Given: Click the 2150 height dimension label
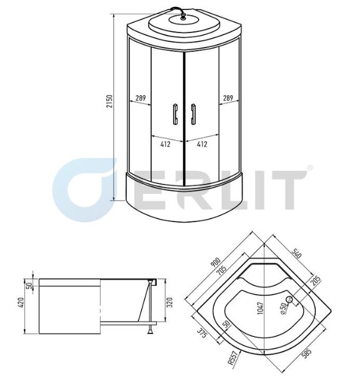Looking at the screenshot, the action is (x=110, y=101).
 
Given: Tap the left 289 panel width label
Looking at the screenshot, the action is (x=141, y=98).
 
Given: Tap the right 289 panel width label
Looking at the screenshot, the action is (x=228, y=98).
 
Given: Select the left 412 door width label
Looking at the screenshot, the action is (x=165, y=144).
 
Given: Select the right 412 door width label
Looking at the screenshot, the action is (x=202, y=144).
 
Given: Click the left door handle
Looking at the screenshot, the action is (x=175, y=114).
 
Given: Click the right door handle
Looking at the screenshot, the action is (x=193, y=114).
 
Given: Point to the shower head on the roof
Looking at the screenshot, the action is (x=184, y=18).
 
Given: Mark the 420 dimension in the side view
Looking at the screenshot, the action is (x=21, y=302).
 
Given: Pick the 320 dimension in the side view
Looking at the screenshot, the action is (x=169, y=302).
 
